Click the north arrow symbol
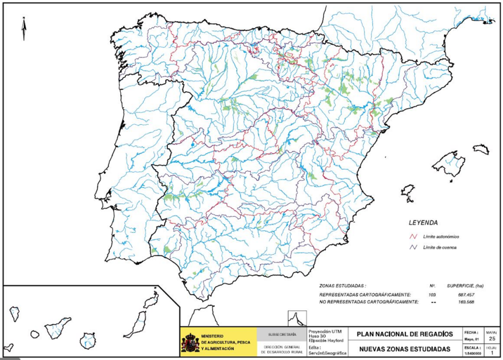click(x=23, y=28)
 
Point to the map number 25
click(x=492, y=339)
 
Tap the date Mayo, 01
click(x=471, y=339)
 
